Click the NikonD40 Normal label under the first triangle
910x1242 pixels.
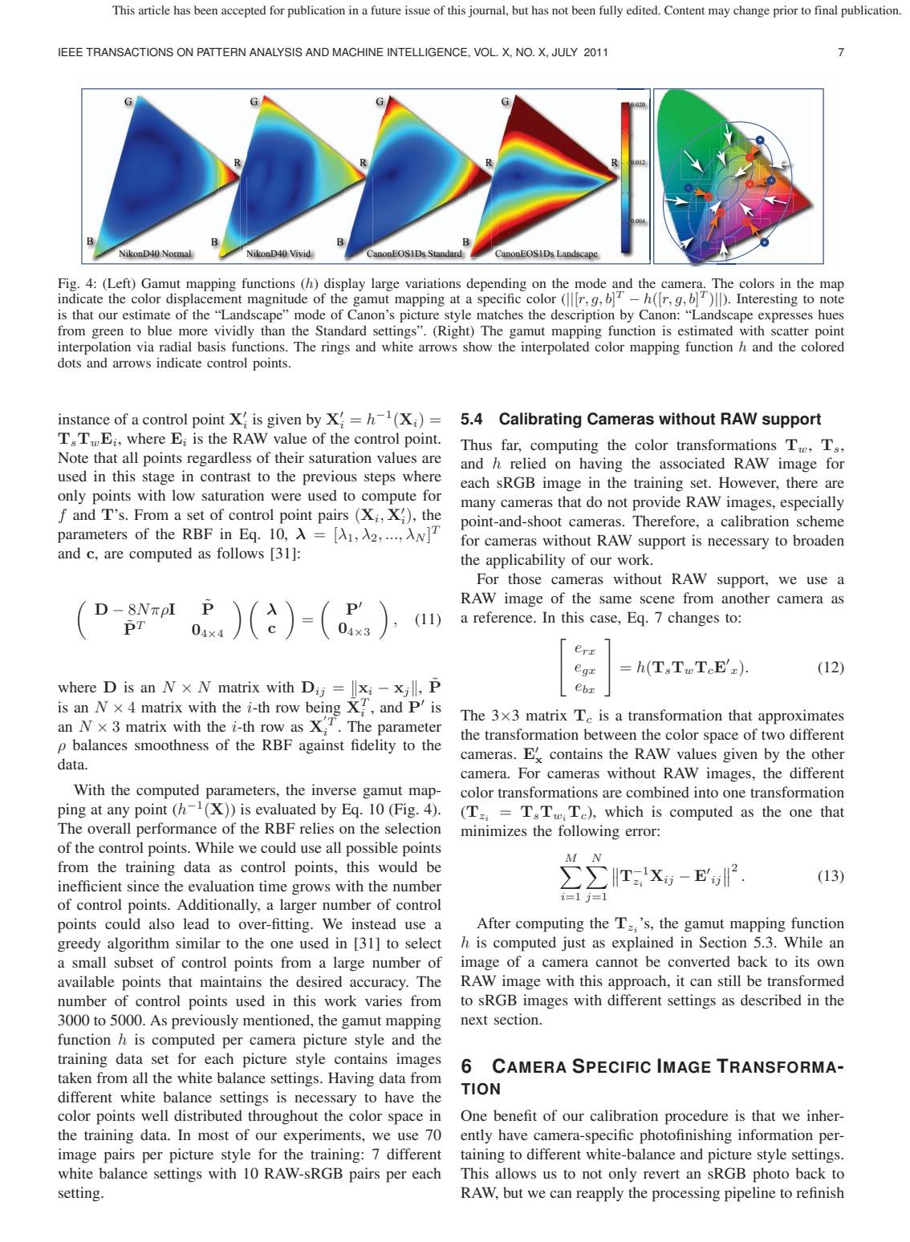point(155,254)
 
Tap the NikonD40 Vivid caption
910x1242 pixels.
point(278,254)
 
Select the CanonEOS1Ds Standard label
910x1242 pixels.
point(414,254)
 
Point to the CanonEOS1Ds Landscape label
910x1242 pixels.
point(546,254)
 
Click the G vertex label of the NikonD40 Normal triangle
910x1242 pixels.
point(127,102)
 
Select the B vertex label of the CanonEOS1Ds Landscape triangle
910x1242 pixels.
point(466,241)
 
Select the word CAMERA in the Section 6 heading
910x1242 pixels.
point(530,1067)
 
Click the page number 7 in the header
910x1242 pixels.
point(840,53)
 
